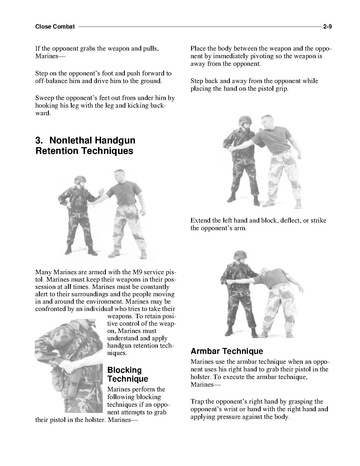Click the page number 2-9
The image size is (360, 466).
click(327, 27)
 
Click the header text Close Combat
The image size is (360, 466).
click(55, 27)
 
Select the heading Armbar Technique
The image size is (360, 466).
click(227, 351)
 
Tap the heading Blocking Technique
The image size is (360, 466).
click(128, 374)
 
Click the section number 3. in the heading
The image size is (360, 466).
click(39, 140)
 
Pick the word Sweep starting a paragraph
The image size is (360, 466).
click(43, 98)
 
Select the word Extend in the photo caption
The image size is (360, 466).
click(200, 220)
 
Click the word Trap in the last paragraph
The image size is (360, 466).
click(196, 402)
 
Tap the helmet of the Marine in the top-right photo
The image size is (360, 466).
click(245, 120)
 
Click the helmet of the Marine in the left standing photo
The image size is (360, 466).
click(80, 179)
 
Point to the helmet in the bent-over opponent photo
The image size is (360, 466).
click(240, 255)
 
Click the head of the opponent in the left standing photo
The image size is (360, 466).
click(119, 175)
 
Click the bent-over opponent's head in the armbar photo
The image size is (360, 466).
click(265, 272)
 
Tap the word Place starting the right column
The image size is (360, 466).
click(198, 49)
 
